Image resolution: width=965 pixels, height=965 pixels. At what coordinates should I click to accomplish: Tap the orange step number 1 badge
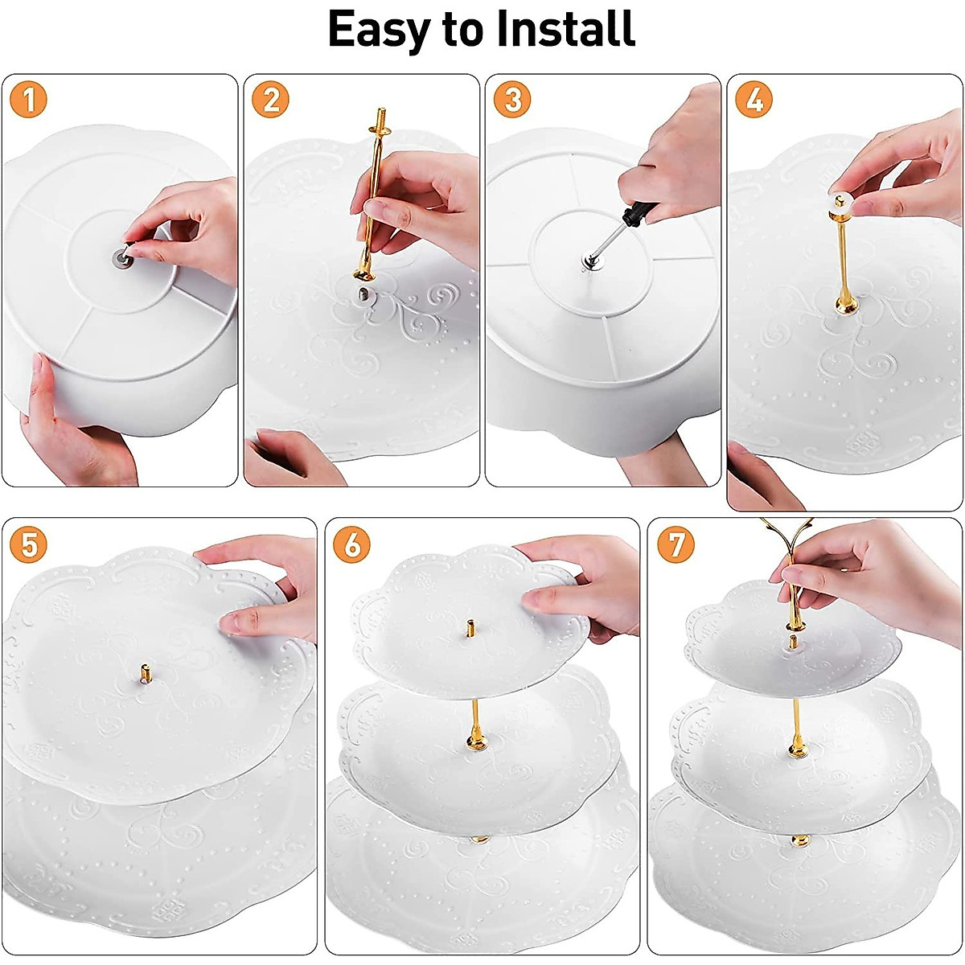(28, 99)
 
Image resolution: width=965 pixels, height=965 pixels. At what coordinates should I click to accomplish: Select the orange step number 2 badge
(270, 99)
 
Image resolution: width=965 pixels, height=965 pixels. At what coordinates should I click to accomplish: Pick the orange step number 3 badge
(512, 99)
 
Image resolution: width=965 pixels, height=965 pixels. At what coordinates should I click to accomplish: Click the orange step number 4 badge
(754, 99)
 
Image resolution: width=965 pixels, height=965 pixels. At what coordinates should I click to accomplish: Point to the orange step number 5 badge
(28, 544)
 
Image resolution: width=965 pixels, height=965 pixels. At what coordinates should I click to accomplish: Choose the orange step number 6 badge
(352, 544)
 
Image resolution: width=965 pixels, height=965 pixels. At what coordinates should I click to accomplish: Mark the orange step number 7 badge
(675, 544)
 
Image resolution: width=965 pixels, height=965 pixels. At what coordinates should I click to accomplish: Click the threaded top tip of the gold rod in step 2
(382, 117)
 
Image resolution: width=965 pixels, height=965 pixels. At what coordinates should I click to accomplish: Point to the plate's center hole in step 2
(363, 294)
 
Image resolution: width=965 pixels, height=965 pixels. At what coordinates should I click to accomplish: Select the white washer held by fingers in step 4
(841, 201)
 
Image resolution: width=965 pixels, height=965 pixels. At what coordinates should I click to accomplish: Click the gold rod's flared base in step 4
(843, 303)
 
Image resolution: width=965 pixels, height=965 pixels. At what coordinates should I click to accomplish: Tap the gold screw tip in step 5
(145, 671)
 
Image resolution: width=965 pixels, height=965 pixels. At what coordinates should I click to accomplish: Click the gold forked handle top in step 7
(785, 533)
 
